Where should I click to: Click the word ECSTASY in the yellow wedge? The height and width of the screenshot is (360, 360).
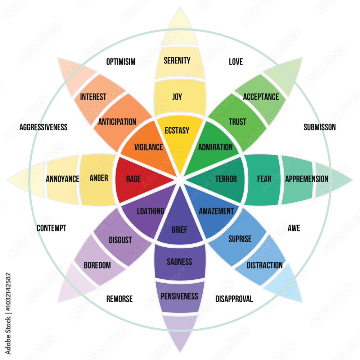click(x=177, y=130)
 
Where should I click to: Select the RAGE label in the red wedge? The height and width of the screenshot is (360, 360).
click(x=133, y=179)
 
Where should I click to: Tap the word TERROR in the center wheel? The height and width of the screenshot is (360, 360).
click(x=226, y=179)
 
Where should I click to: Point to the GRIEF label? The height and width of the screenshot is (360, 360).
click(x=179, y=230)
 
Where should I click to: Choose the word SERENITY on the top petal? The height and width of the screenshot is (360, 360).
click(x=177, y=60)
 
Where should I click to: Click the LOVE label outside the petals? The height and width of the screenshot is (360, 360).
click(x=236, y=62)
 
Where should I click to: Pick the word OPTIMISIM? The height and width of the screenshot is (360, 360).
click(x=121, y=62)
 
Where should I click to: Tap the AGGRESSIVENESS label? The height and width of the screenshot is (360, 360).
click(x=44, y=127)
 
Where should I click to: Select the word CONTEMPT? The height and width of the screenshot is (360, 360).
click(x=51, y=228)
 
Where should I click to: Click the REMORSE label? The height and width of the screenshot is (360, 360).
click(x=120, y=299)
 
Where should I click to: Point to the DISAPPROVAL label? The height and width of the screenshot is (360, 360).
click(x=234, y=299)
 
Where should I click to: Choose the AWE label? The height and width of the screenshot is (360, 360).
click(x=294, y=228)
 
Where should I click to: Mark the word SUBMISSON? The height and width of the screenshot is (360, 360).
click(x=320, y=127)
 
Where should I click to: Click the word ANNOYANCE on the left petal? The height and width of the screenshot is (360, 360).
click(x=63, y=179)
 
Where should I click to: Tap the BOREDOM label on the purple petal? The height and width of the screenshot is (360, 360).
click(x=97, y=265)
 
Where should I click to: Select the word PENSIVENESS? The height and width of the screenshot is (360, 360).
click(x=179, y=296)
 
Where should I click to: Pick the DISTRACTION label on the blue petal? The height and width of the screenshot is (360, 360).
click(x=265, y=265)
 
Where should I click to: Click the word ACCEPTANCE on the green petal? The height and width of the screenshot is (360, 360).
click(x=261, y=96)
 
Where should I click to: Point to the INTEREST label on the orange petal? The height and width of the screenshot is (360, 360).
click(x=93, y=96)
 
